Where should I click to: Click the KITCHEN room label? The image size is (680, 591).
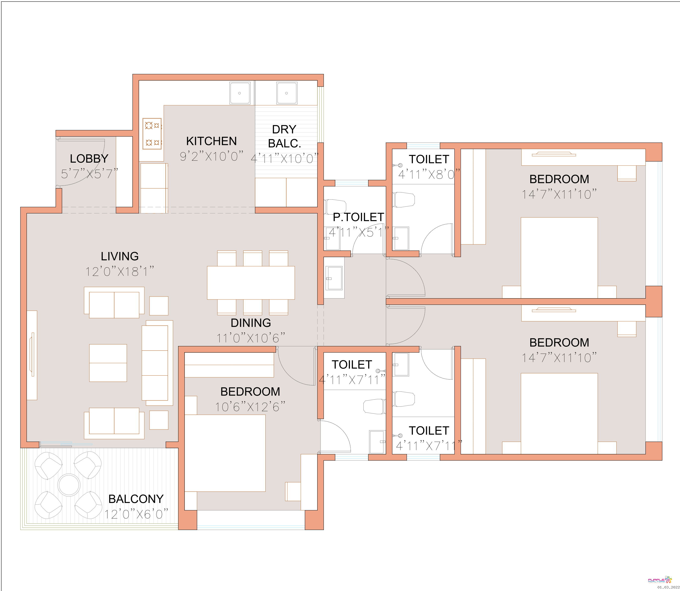211,141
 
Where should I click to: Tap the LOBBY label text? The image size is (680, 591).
89,159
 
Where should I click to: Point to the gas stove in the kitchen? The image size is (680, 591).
152,134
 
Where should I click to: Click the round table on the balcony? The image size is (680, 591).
69,485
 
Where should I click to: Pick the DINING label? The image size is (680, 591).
251,323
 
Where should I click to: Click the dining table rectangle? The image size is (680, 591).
251,283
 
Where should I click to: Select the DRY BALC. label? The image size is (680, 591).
284,137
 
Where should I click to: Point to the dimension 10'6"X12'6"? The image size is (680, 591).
250,407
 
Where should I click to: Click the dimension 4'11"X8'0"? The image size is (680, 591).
429,174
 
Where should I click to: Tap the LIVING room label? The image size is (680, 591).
120,256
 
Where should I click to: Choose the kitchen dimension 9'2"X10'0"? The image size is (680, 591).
211,156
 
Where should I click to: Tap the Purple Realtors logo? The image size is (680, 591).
660,580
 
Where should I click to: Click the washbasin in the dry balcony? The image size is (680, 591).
287,93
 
